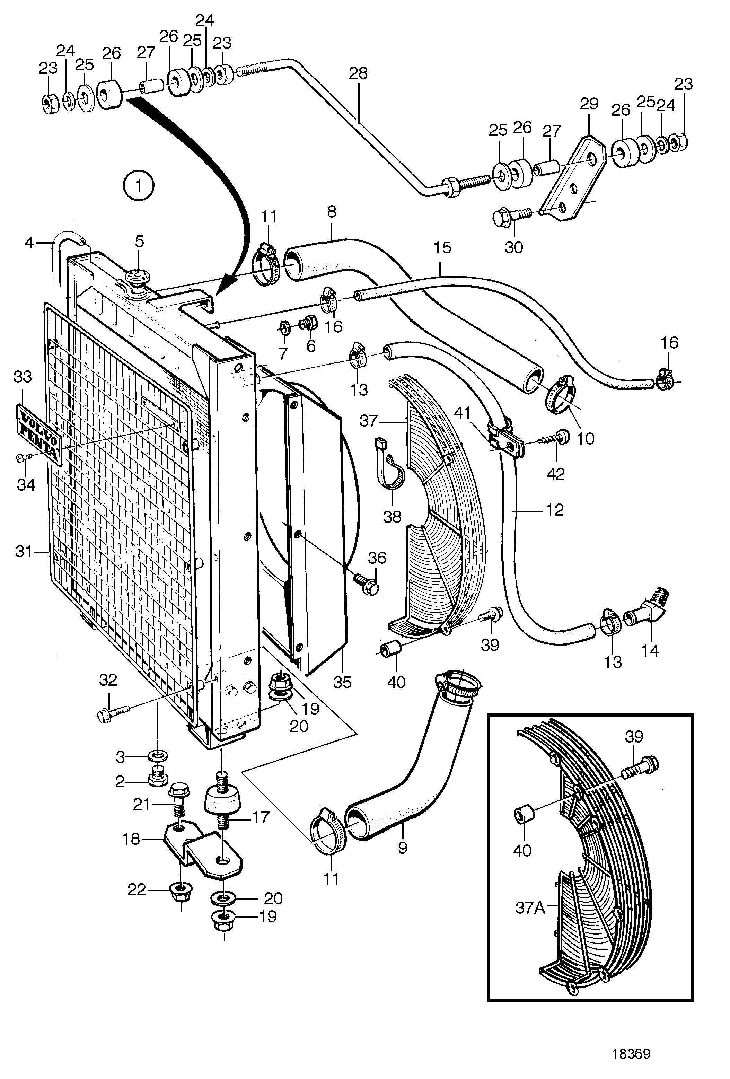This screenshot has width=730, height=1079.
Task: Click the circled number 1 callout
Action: [x=138, y=186]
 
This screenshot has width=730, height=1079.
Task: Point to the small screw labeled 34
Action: [x=24, y=457]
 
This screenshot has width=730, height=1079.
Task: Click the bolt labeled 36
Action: [x=367, y=585]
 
